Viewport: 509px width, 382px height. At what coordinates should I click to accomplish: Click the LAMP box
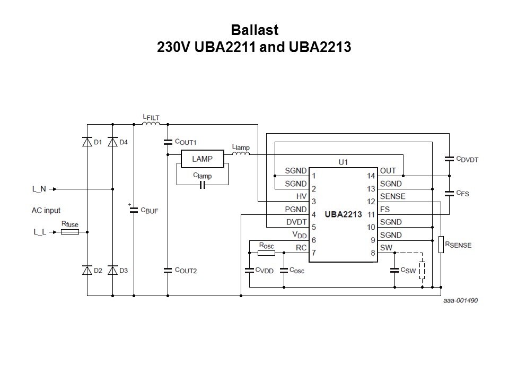202,159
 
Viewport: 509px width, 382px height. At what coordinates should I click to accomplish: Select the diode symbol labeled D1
87,142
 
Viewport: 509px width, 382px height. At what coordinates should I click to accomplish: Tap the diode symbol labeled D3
112,270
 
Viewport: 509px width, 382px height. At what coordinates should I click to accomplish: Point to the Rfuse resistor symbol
70,232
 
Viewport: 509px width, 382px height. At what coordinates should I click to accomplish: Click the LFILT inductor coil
151,123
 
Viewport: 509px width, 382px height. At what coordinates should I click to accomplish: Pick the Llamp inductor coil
241,153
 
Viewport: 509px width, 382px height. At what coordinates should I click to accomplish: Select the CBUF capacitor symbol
134,210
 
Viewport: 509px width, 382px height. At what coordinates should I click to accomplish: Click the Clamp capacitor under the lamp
203,185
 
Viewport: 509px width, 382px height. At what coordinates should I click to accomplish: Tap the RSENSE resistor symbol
441,245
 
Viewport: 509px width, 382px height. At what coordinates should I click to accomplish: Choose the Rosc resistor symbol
267,253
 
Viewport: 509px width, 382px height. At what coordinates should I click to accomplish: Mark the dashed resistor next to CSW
422,270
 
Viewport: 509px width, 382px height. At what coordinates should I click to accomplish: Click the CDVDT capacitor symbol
449,159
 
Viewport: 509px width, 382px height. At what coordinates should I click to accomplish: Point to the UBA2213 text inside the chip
343,214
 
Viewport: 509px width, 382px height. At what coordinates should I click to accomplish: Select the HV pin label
301,196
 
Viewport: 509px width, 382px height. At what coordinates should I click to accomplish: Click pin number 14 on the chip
371,176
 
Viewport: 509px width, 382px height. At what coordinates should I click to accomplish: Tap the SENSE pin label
392,196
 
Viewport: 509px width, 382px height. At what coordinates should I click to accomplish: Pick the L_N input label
39,189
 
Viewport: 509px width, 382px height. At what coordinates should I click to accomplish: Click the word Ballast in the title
254,30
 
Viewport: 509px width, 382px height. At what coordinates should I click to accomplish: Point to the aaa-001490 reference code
461,300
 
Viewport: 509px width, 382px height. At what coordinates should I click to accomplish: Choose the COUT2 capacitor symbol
168,270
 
